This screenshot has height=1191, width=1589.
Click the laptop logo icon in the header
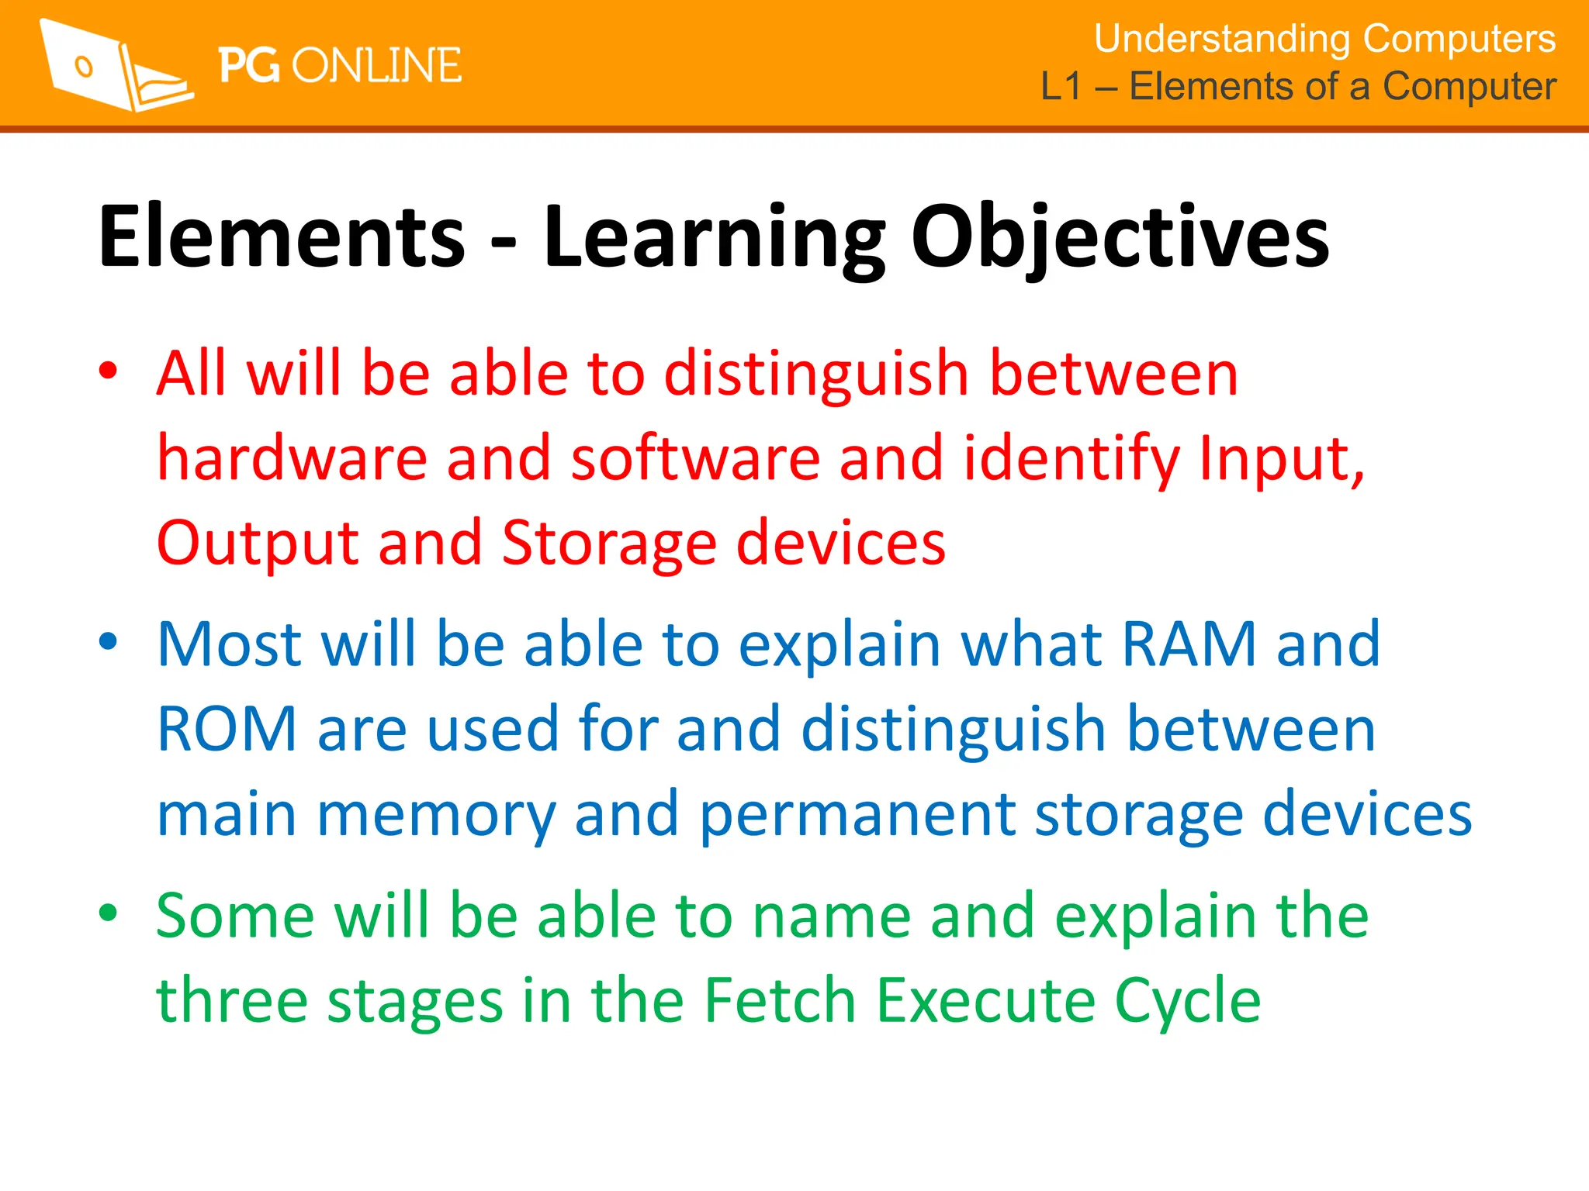click(115, 67)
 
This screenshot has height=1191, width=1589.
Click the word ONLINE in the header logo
click(377, 65)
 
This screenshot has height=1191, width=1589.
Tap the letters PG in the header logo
click(248, 65)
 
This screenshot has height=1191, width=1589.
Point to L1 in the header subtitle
click(1060, 86)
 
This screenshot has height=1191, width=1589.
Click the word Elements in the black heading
click(282, 236)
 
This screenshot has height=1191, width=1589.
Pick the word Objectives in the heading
click(1120, 237)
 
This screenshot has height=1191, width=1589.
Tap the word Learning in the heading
click(713, 237)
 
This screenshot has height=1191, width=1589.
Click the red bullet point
click(108, 370)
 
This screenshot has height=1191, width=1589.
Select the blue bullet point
click(108, 641)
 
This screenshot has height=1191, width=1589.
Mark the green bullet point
click(108, 913)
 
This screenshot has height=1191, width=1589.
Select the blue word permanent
click(857, 816)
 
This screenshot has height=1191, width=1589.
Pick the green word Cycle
click(1187, 1002)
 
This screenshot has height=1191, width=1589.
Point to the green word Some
click(235, 916)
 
